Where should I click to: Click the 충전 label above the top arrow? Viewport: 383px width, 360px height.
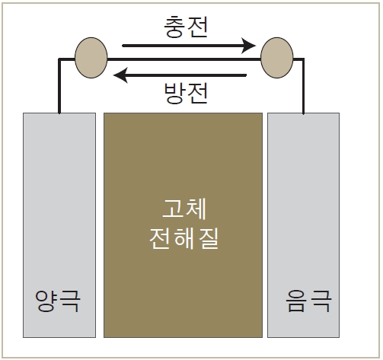tap(186, 27)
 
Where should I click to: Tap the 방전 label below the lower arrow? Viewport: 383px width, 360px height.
tap(186, 93)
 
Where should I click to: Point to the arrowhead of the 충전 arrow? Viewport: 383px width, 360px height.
tap(248, 46)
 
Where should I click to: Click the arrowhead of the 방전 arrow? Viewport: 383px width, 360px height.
tap(121, 75)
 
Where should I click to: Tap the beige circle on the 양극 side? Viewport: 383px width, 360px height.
tap(91, 58)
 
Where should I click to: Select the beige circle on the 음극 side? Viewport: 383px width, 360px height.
tap(277, 58)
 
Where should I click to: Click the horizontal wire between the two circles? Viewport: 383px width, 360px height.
tap(184, 59)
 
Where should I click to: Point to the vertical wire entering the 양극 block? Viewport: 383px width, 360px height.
tap(59, 86)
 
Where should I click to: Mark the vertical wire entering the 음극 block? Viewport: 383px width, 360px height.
tap(303, 86)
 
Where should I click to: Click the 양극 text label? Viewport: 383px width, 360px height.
tap(58, 301)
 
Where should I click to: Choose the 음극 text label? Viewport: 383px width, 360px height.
tap(308, 301)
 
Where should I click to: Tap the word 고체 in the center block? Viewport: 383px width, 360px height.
tap(184, 209)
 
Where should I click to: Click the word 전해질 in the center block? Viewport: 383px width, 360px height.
tap(184, 238)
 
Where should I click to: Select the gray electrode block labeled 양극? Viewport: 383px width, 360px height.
tap(59, 225)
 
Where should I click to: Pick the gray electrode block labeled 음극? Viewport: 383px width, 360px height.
tap(303, 225)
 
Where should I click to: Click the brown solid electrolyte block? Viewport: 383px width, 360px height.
tap(183, 225)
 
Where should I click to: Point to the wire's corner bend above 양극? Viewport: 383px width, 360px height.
tap(59, 59)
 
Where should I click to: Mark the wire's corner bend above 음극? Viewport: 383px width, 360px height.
tap(303, 59)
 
